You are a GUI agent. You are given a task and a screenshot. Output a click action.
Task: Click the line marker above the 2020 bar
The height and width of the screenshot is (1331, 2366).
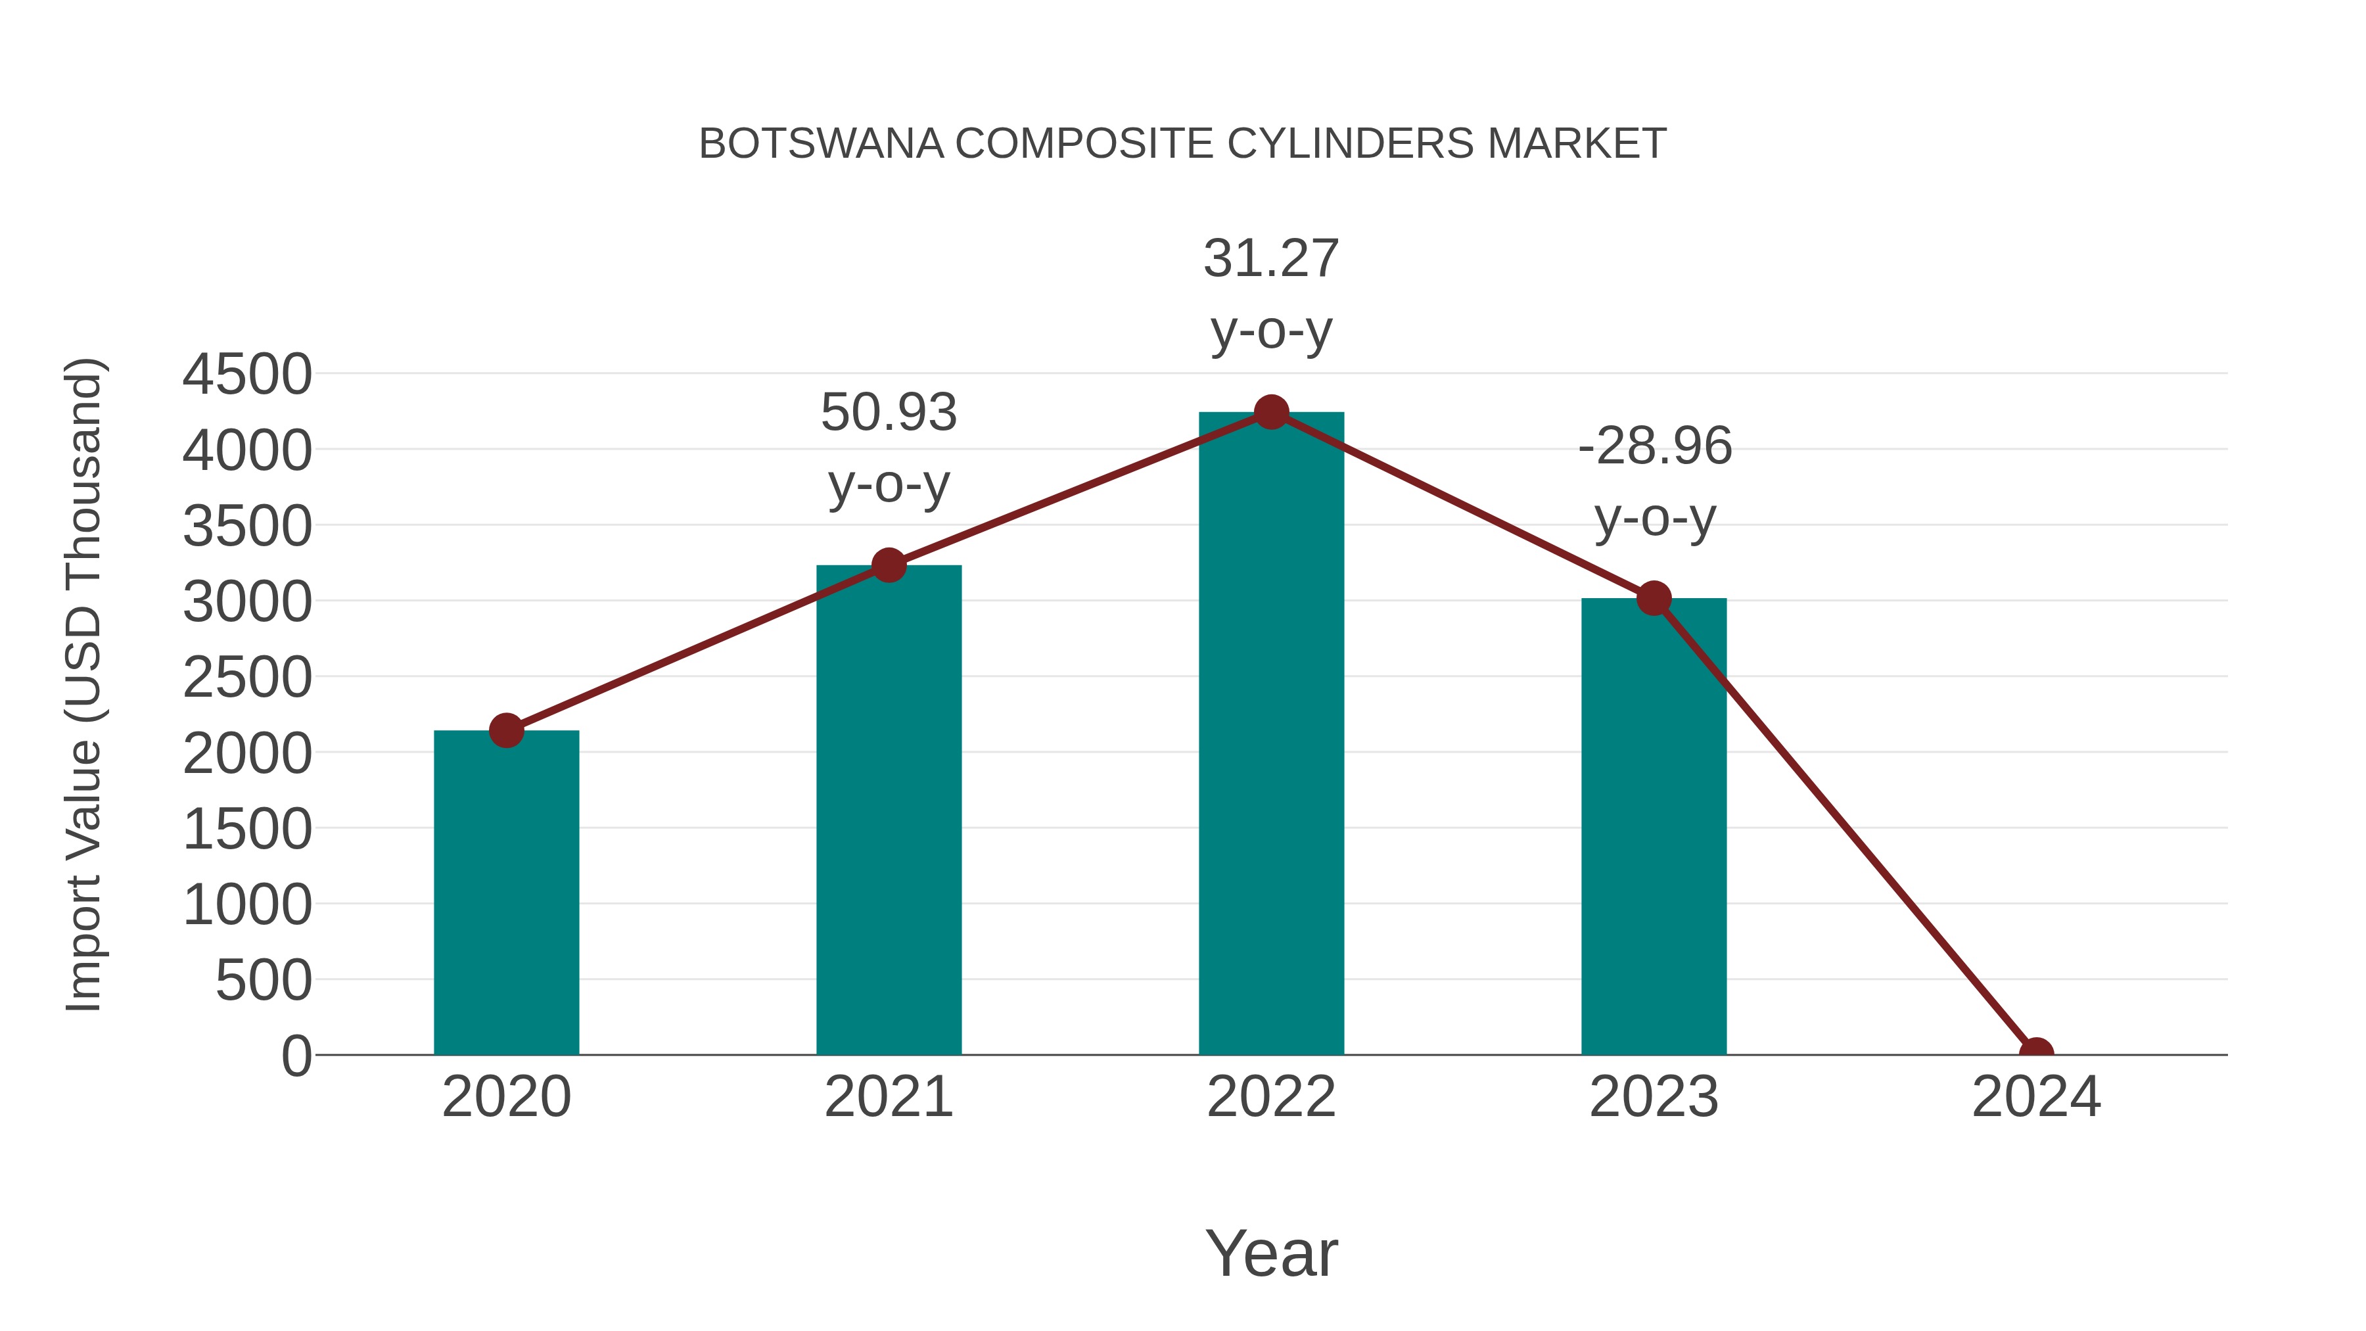click(506, 730)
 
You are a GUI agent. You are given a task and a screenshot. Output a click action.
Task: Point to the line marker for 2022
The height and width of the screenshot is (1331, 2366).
click(1271, 412)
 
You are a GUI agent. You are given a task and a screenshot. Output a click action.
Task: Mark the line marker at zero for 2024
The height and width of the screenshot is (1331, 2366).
click(2036, 1053)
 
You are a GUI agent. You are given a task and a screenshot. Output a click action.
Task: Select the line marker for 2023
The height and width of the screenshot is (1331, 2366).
click(1654, 599)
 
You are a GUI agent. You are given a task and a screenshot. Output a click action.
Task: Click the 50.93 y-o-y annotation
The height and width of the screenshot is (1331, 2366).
click(888, 448)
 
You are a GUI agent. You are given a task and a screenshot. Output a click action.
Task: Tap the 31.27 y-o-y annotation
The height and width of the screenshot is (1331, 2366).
click(1271, 294)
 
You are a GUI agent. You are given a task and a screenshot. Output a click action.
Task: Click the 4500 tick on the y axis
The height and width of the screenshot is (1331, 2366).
click(247, 375)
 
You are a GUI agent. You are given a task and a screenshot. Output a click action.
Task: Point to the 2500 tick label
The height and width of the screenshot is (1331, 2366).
click(247, 678)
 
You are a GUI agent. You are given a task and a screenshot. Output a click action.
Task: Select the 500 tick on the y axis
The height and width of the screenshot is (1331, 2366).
click(264, 981)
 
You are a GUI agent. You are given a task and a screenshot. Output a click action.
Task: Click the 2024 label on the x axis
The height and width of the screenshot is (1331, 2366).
click(2036, 1097)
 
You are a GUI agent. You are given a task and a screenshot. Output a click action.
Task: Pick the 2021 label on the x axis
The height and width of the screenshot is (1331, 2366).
click(888, 1097)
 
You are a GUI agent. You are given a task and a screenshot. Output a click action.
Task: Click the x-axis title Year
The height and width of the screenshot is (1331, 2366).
click(1271, 1253)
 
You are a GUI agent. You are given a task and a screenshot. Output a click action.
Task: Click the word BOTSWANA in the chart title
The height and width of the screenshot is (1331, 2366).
click(821, 144)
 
